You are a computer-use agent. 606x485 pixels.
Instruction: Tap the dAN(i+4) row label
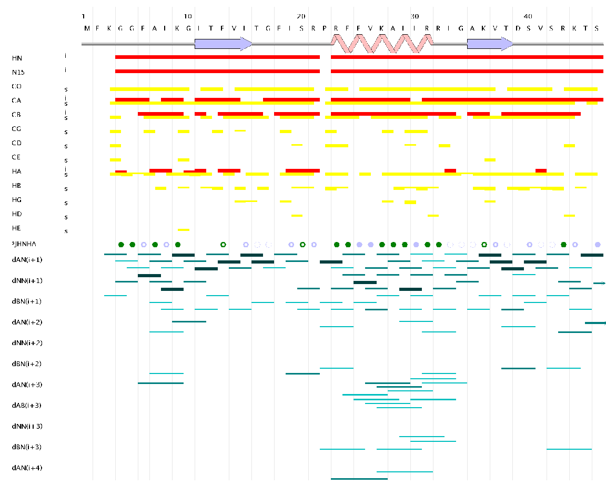pos(27,467)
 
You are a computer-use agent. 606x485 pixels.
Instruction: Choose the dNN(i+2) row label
pos(27,342)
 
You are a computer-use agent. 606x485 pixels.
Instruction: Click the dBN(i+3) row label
pos(27,447)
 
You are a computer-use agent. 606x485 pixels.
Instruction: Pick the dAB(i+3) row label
pos(27,405)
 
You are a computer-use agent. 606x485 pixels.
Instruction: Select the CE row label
pos(17,157)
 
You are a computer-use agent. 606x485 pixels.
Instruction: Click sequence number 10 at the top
pos(188,16)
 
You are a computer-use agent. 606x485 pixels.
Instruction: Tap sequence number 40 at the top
pos(528,16)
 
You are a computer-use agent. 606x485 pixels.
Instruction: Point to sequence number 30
pos(415,16)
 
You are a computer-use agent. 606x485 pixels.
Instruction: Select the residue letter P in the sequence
pos(325,28)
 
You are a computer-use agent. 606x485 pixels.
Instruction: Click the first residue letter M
pos(87,28)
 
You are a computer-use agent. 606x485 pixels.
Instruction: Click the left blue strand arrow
pos(223,44)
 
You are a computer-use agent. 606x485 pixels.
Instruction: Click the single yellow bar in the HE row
pos(184,230)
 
